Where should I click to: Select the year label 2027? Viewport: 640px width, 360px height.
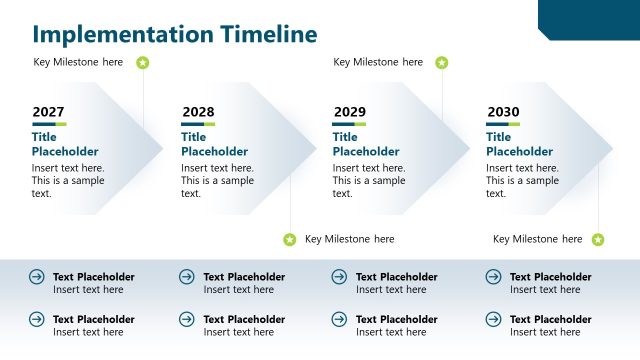(48, 112)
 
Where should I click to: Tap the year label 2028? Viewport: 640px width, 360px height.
(198, 112)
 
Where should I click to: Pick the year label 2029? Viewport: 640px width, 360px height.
(349, 112)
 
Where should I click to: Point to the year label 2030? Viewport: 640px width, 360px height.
(503, 112)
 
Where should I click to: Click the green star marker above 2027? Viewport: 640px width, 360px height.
(143, 63)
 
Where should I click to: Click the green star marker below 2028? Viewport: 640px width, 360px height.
(290, 240)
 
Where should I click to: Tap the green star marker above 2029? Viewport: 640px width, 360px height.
(442, 63)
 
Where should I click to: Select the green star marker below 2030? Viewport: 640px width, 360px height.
(598, 240)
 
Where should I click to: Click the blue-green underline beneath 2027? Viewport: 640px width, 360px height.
(49, 124)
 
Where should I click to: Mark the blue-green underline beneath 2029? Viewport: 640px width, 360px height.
(349, 124)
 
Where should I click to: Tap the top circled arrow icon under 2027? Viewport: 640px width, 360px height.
(37, 277)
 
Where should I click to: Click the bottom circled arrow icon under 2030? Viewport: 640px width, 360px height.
(493, 319)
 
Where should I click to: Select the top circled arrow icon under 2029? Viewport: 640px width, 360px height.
(339, 277)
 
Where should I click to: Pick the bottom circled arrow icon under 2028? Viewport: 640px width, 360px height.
(187, 319)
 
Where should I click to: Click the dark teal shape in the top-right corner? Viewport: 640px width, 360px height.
(590, 18)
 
